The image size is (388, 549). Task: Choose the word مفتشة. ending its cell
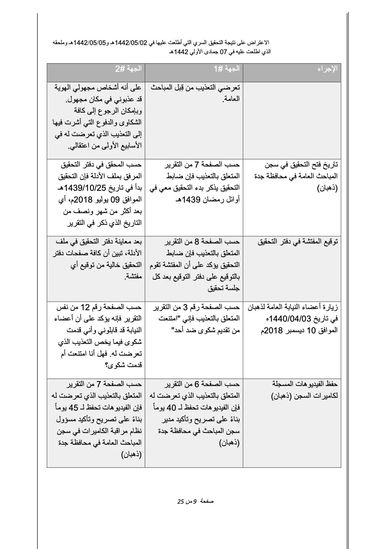tap(133, 277)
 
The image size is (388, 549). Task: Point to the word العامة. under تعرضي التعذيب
tap(231, 99)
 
